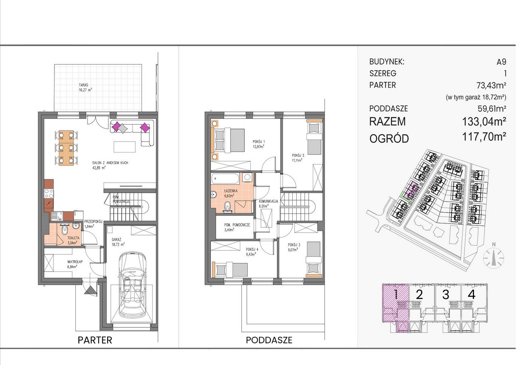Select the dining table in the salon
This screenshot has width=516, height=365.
click(x=66, y=148)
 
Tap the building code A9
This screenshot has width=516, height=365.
click(x=501, y=62)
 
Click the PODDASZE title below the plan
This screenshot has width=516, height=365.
click(x=269, y=340)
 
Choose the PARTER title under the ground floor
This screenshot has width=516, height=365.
click(x=95, y=340)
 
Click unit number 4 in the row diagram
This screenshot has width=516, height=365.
click(x=472, y=294)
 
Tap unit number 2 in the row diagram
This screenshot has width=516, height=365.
click(x=420, y=294)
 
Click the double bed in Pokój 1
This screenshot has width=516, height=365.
click(x=229, y=140)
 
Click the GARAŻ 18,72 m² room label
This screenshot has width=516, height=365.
click(x=118, y=242)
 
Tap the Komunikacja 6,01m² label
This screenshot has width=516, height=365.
click(x=268, y=204)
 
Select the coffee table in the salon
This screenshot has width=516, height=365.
click(x=125, y=147)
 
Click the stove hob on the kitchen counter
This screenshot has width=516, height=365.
click(x=49, y=193)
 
